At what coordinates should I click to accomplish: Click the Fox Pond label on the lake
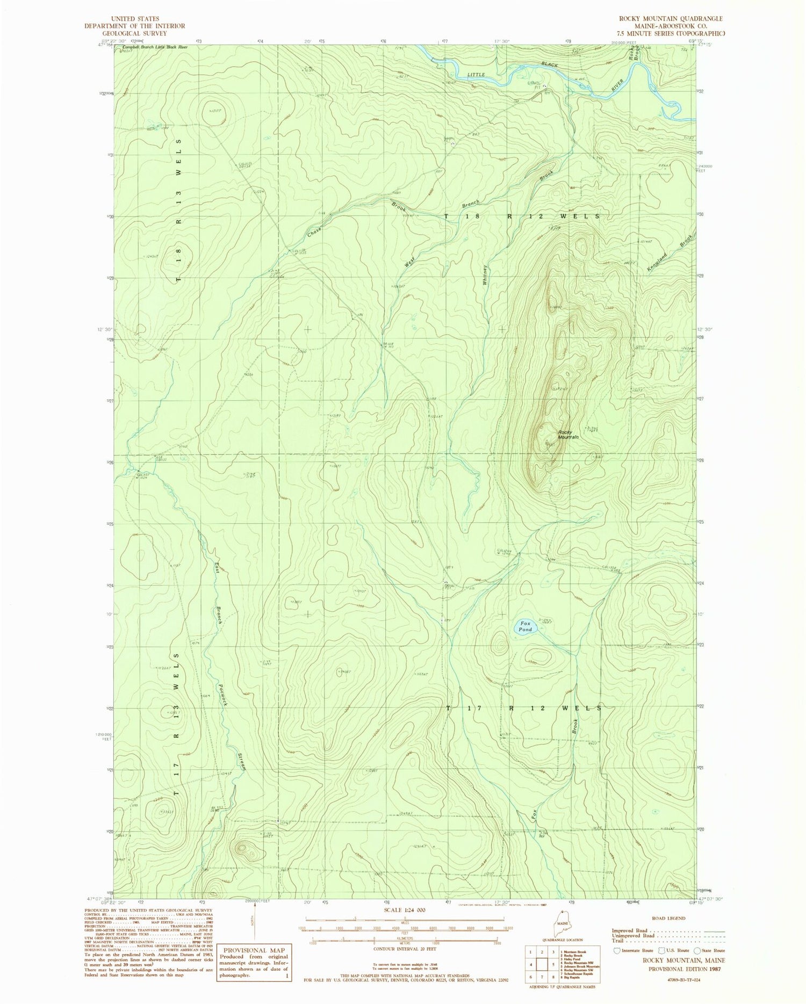click(x=525, y=626)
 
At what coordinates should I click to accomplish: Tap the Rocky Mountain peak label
click(x=568, y=435)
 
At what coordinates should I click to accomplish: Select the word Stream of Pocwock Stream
click(x=242, y=762)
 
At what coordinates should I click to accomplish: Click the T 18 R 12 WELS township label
click(x=522, y=215)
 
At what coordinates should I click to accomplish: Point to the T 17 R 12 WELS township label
click(x=524, y=708)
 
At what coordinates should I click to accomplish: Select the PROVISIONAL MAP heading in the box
click(x=254, y=950)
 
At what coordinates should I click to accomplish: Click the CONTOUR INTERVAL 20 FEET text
click(x=404, y=949)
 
